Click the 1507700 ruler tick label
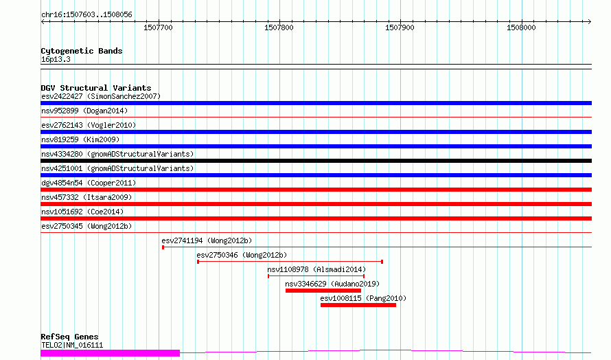tap(158, 27)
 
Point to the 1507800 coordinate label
tap(279, 27)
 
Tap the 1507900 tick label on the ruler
tap(400, 27)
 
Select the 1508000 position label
tap(521, 27)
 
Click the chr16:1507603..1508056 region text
tap(87, 15)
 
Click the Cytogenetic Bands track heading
tap(82, 51)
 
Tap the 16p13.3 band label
tap(56, 59)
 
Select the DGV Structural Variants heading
tap(96, 88)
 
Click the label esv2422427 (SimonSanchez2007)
tap(101, 96)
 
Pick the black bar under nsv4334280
tap(316, 161)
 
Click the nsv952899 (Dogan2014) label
tap(84, 111)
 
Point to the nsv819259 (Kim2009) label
tap(80, 139)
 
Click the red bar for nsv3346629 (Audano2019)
tap(323, 291)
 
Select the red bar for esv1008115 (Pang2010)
tap(358, 305)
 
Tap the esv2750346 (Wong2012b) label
tap(242, 255)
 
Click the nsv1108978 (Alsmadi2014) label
tap(316, 269)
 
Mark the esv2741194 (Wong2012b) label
tap(207, 240)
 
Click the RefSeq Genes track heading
tap(70, 337)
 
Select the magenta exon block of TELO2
tap(111, 353)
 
